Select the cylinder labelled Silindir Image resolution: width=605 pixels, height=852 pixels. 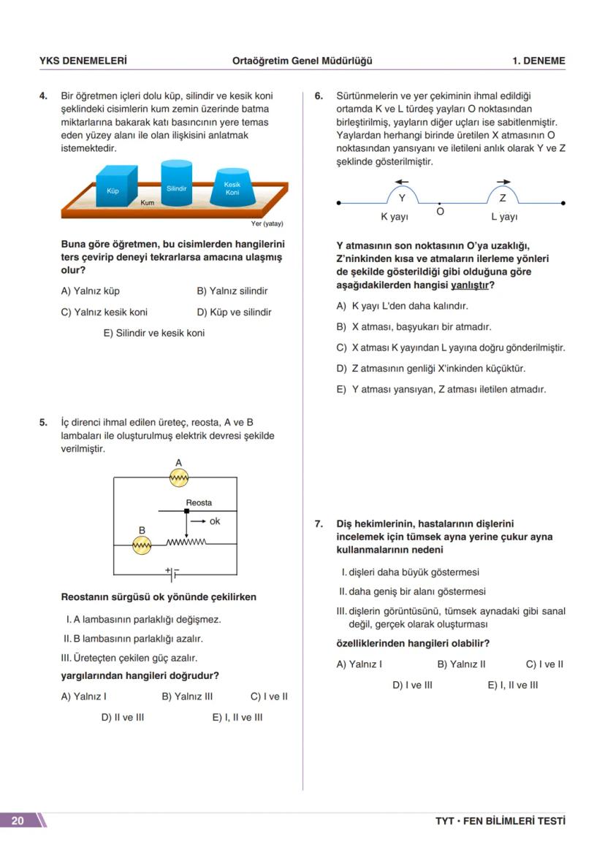click(x=176, y=185)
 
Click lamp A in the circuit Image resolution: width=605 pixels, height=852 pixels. click(x=179, y=477)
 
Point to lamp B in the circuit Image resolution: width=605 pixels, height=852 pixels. click(x=142, y=545)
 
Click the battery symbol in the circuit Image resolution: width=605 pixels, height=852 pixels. click(x=172, y=574)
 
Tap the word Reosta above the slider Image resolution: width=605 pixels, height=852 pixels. click(x=199, y=503)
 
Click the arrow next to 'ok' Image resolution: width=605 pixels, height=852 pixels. click(x=198, y=521)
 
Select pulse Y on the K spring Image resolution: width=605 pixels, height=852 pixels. click(x=402, y=195)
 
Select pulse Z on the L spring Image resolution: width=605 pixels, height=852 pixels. click(x=503, y=195)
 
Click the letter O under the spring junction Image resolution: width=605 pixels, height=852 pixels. click(x=440, y=212)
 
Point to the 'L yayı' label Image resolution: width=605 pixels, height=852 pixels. click(x=504, y=217)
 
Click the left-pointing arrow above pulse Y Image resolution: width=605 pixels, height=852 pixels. click(x=402, y=182)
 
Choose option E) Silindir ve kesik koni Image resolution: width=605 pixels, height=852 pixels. click(x=153, y=333)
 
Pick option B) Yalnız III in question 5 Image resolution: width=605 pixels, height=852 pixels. click(x=187, y=696)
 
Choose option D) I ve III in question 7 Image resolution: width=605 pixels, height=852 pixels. click(x=412, y=685)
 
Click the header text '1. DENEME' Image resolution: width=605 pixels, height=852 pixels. click(x=539, y=61)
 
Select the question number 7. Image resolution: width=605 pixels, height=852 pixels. click(x=319, y=523)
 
